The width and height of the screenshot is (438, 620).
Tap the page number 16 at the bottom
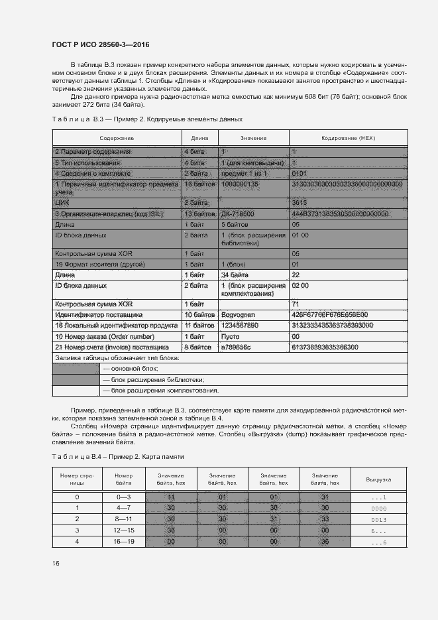tap(56, 563)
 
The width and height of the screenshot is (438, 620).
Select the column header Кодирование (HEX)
tap(348, 138)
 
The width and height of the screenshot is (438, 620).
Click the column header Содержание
tap(117, 138)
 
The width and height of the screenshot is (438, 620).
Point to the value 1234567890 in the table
tap(239, 326)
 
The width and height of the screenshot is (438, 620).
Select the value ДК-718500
tap(237, 214)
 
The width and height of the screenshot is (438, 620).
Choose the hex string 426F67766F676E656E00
tap(330, 314)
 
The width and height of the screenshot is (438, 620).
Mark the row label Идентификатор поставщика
tap(99, 314)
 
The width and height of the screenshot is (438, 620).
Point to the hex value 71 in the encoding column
tap(296, 303)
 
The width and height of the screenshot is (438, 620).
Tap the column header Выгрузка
tap(379, 479)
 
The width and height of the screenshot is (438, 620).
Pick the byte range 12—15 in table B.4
tap(124, 530)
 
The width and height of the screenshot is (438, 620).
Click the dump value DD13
tap(379, 519)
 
